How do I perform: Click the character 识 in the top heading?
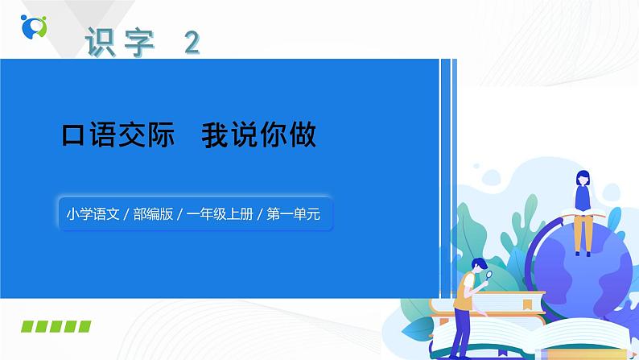pos(101,41)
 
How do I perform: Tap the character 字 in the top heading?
pos(141,41)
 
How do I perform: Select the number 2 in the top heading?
pos(192,42)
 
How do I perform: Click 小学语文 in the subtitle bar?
pos(93,214)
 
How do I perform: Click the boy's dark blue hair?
pos(479,263)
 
